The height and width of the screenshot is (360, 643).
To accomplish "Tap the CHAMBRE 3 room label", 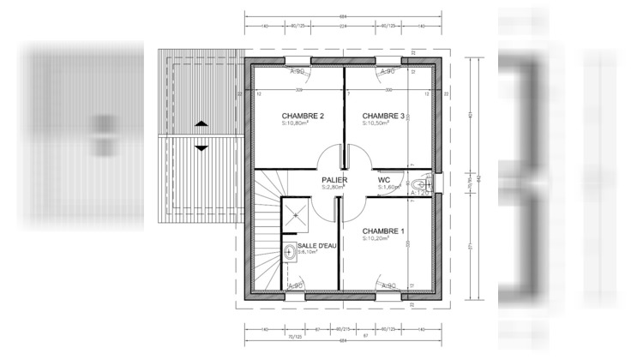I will click(382, 116).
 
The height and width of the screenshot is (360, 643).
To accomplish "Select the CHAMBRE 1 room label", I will click(382, 231).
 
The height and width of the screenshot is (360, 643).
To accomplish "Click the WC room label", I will click(384, 180).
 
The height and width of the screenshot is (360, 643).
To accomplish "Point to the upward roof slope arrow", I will click(201, 123).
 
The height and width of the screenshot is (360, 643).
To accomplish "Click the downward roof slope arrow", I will click(201, 147).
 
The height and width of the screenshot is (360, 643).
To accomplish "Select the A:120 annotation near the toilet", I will click(420, 195).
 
